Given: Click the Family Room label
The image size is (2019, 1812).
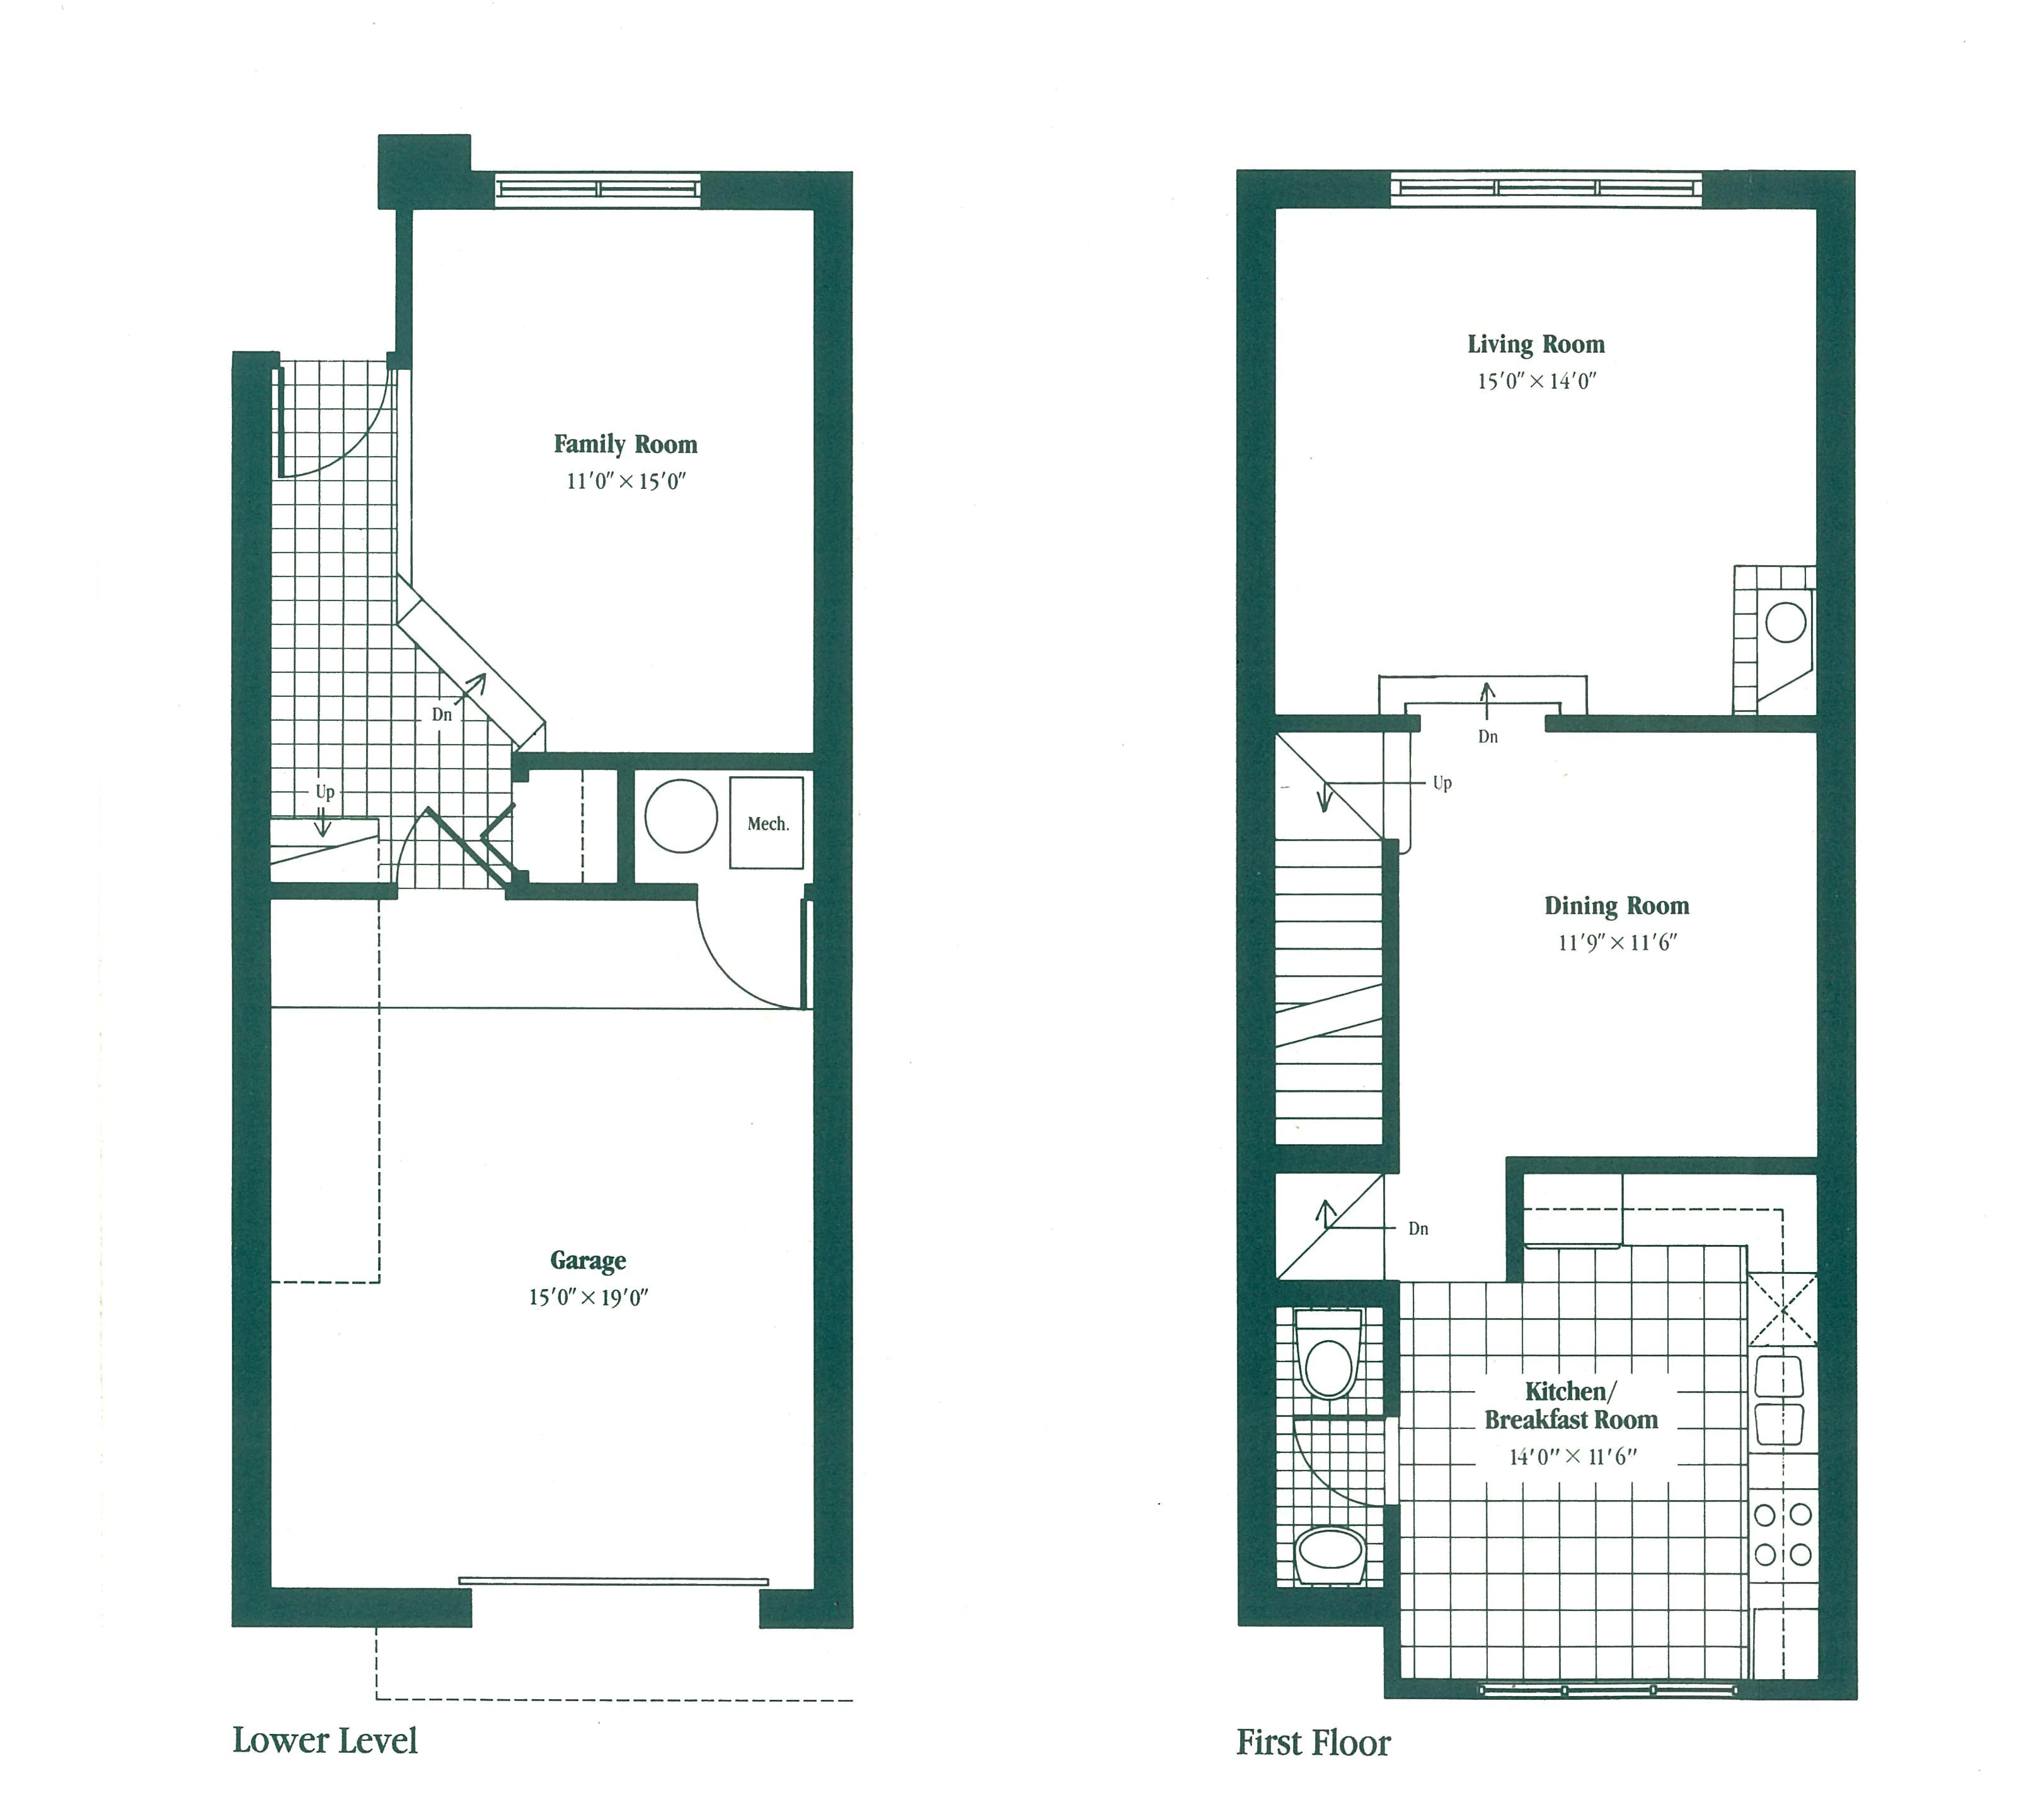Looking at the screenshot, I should click(625, 444).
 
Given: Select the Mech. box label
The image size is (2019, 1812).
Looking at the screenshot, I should click(768, 823).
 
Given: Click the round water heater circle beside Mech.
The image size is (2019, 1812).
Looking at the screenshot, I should click(681, 817).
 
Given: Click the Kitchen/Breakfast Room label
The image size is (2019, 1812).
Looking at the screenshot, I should click(1571, 1406).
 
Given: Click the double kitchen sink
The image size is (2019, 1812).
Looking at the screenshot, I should click(1779, 1401).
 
